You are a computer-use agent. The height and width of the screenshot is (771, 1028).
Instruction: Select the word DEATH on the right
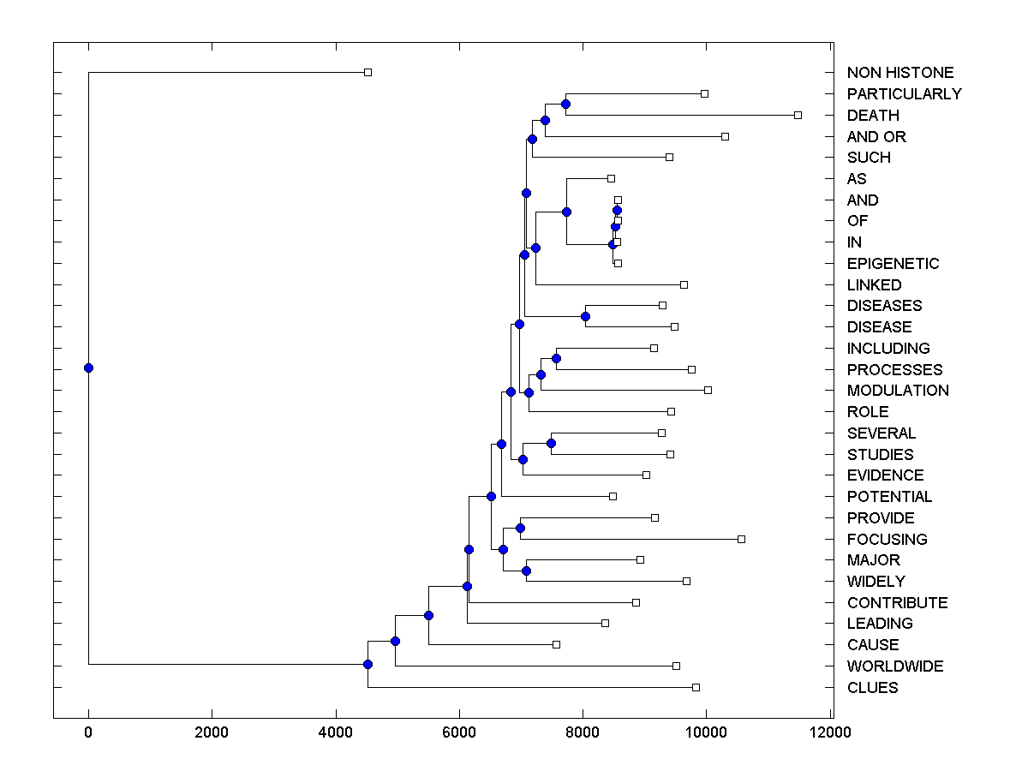(873, 116)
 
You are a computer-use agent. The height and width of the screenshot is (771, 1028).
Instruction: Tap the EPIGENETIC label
(893, 264)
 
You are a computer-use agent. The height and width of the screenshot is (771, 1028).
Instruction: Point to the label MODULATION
(898, 391)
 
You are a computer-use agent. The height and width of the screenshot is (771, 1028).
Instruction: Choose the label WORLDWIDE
(895, 666)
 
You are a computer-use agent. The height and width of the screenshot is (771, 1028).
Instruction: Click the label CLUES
(872, 688)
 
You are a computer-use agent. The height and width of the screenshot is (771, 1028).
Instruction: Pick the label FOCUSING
(887, 540)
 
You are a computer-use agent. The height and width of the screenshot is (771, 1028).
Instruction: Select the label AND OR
(876, 137)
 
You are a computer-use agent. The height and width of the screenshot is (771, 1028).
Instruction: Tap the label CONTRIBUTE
(897, 603)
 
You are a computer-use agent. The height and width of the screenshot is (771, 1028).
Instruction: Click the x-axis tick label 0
(88, 732)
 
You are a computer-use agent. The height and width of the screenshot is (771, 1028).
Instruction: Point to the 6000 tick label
(459, 732)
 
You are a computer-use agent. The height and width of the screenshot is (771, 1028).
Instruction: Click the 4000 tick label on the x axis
(336, 732)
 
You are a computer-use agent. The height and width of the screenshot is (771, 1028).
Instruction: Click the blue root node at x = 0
(88, 368)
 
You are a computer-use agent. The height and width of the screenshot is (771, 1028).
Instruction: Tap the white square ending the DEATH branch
(798, 115)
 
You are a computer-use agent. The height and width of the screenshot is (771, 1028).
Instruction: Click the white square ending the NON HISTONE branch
(368, 73)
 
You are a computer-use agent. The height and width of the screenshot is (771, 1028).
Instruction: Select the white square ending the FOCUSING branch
(741, 539)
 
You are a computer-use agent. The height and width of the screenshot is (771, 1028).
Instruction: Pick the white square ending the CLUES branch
(696, 687)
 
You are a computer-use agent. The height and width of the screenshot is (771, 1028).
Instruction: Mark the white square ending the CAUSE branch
(556, 644)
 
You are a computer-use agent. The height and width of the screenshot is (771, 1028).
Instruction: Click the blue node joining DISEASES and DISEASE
(585, 317)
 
